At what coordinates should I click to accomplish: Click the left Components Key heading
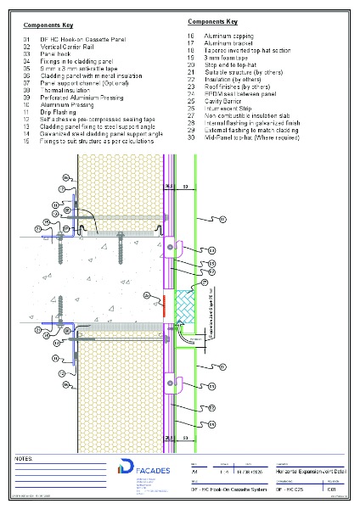(x=48, y=26)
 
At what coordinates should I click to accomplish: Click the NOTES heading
(x=24, y=458)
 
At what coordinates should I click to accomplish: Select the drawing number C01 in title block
(x=332, y=489)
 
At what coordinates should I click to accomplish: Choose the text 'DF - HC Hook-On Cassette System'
(x=222, y=489)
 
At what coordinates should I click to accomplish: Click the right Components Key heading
(x=211, y=20)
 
